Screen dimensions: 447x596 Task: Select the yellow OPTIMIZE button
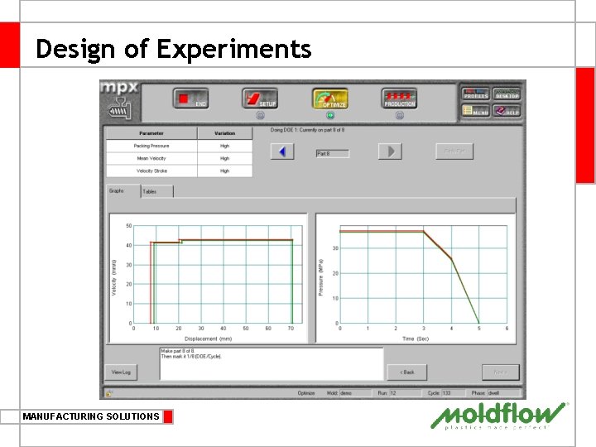coord(329,99)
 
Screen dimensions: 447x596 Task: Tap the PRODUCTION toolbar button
coord(399,99)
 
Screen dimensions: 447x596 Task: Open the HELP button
coord(507,110)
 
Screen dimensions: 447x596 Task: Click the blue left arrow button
coord(282,151)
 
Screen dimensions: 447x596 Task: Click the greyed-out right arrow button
coord(389,151)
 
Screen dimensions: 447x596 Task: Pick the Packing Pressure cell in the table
coord(151,146)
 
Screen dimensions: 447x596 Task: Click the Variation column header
coord(224,132)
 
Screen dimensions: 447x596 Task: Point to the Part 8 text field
coord(333,153)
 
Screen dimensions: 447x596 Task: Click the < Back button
coord(406,372)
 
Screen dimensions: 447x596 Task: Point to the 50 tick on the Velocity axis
coord(128,225)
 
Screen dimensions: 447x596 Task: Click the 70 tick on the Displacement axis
coord(291,329)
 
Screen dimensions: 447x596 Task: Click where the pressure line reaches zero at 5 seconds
coord(479,323)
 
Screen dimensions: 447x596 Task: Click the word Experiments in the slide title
coord(234,49)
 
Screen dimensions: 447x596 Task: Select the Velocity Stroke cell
coord(151,171)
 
